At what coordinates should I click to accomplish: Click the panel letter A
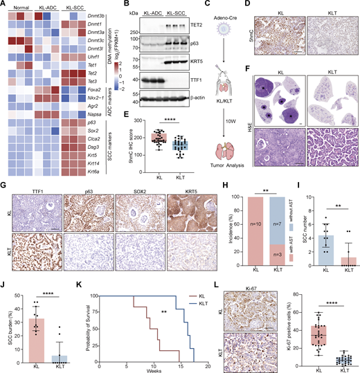(x=5, y=6)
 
